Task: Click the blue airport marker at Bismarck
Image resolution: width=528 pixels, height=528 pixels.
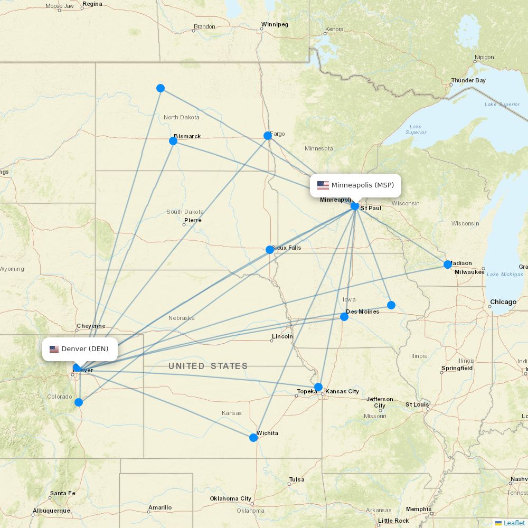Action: [x=173, y=140]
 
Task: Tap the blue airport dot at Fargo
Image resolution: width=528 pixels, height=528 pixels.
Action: [x=268, y=136]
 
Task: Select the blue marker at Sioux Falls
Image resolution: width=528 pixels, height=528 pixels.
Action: [x=270, y=249]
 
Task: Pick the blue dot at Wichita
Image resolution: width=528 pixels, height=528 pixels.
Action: [x=253, y=437]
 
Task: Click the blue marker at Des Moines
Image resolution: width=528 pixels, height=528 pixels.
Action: [x=344, y=316]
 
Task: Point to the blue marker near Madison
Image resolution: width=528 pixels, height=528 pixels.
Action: [x=448, y=264]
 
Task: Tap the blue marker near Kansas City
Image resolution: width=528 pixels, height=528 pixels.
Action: [x=318, y=387]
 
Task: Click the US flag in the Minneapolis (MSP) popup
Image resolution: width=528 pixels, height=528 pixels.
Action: [x=323, y=185]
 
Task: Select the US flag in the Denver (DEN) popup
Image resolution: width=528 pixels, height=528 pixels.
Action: [x=54, y=349]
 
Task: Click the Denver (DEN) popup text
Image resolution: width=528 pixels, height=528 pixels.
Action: [x=85, y=349]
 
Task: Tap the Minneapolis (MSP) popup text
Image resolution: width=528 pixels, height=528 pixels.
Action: [x=362, y=185]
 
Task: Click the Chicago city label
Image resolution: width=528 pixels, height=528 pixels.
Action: [x=503, y=302]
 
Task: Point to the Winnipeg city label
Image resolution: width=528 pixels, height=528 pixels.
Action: [x=275, y=24]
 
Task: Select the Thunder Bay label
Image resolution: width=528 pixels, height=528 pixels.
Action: [x=468, y=81]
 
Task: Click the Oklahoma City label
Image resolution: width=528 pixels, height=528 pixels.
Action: [x=230, y=498]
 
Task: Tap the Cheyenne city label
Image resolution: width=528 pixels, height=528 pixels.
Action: [x=91, y=326]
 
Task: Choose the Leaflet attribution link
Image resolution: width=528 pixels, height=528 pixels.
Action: [x=514, y=523]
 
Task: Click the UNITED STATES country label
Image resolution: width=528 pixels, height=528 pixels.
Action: [x=208, y=366]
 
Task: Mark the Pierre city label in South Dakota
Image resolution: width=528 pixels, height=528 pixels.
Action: [x=193, y=220]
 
